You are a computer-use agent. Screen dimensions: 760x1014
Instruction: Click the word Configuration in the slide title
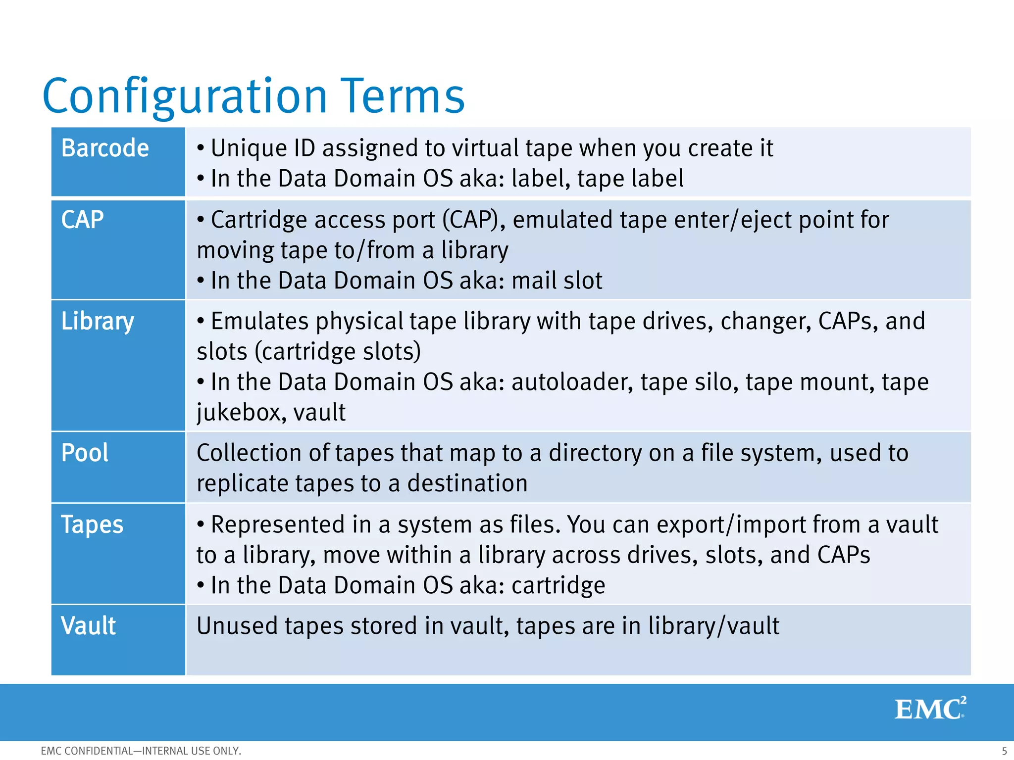click(185, 96)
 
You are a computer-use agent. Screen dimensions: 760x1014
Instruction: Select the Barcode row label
click(105, 148)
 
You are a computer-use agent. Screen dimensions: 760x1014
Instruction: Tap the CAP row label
click(82, 220)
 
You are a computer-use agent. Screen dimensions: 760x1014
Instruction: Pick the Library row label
click(98, 322)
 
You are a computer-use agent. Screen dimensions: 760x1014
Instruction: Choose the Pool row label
click(85, 453)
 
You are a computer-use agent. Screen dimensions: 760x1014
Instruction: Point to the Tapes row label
click(92, 524)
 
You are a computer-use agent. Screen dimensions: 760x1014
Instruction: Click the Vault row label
click(88, 626)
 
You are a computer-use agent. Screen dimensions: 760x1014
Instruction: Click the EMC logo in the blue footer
click(930, 708)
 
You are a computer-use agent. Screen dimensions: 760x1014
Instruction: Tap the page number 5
click(1004, 751)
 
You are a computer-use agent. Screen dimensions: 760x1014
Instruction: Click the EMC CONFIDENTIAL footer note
click(141, 751)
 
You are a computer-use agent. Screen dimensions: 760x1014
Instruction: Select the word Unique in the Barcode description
click(249, 148)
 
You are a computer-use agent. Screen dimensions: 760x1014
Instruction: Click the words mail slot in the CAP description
click(557, 281)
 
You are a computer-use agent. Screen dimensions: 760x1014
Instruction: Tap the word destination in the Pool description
click(467, 483)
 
